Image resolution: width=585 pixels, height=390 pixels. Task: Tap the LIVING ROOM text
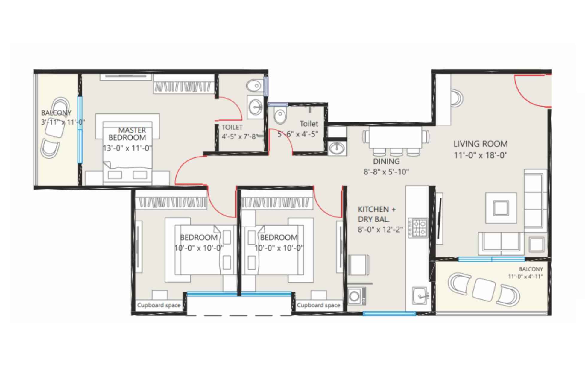click(480, 144)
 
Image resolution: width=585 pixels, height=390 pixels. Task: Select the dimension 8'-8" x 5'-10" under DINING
click(386, 172)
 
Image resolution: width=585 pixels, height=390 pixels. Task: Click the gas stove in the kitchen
click(418, 227)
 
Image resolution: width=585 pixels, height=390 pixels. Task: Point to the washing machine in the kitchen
click(356, 296)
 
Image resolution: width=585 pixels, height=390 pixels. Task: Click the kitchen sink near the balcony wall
click(419, 295)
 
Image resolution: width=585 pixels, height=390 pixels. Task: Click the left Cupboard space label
click(159, 305)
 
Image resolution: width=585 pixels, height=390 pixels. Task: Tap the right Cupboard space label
click(318, 305)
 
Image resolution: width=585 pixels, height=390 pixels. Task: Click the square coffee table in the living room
click(501, 208)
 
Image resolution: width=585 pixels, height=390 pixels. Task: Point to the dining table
click(396, 137)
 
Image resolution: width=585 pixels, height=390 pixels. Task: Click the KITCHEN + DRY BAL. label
click(377, 214)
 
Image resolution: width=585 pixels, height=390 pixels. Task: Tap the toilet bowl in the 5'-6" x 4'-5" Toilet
click(280, 116)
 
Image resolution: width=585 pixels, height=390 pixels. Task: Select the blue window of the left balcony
click(80, 129)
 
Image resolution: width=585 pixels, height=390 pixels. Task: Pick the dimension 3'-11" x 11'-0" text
click(63, 122)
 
